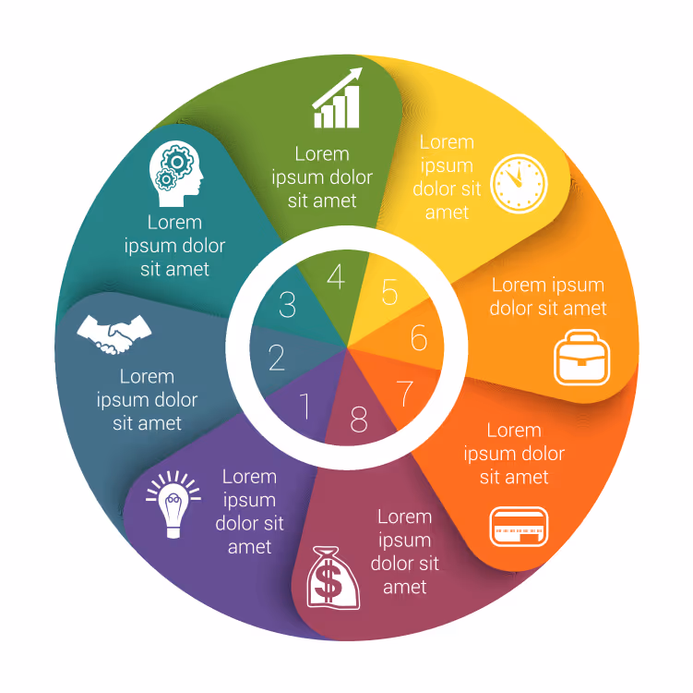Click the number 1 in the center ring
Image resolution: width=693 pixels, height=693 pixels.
(305, 406)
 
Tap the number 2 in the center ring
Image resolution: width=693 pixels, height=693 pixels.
(277, 358)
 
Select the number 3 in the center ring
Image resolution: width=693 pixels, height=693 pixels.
(287, 305)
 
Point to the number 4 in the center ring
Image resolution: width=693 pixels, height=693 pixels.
(336, 276)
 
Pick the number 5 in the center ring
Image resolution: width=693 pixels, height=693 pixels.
(389, 292)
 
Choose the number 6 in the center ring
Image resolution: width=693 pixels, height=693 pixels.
(419, 337)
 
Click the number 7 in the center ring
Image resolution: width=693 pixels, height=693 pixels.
(405, 393)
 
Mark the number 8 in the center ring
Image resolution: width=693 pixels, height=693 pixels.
(358, 419)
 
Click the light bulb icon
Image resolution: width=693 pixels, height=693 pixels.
(173, 505)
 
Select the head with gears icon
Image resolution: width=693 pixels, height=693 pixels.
(176, 174)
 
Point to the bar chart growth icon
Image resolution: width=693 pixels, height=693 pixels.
(337, 98)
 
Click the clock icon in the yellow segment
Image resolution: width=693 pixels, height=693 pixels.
(519, 184)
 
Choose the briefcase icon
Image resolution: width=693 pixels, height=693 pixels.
(582, 358)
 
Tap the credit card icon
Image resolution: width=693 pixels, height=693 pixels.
(519, 527)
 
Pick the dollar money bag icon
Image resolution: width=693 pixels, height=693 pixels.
(333, 577)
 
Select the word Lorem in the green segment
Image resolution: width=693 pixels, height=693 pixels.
(322, 154)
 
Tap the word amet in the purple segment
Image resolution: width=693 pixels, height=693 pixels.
(250, 547)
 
